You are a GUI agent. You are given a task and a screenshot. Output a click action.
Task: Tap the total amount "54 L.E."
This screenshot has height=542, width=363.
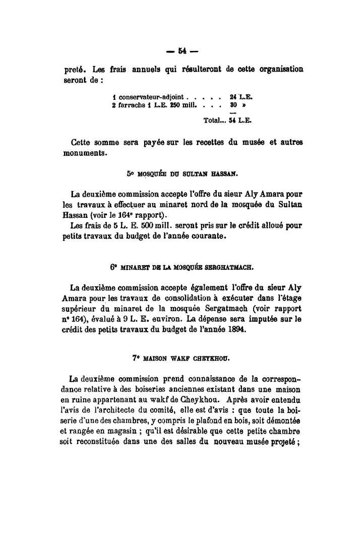[x=241, y=121]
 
